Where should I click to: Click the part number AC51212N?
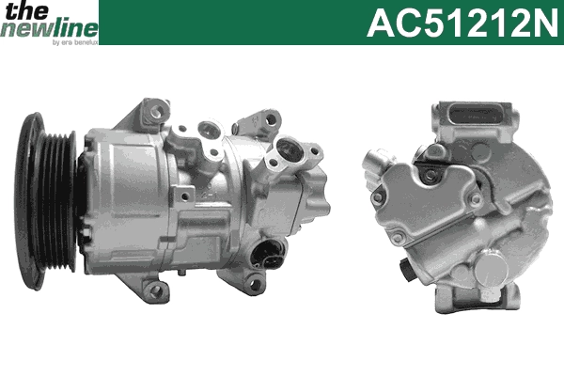click(461, 22)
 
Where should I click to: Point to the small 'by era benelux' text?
click(73, 42)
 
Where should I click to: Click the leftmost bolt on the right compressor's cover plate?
click(377, 197)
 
